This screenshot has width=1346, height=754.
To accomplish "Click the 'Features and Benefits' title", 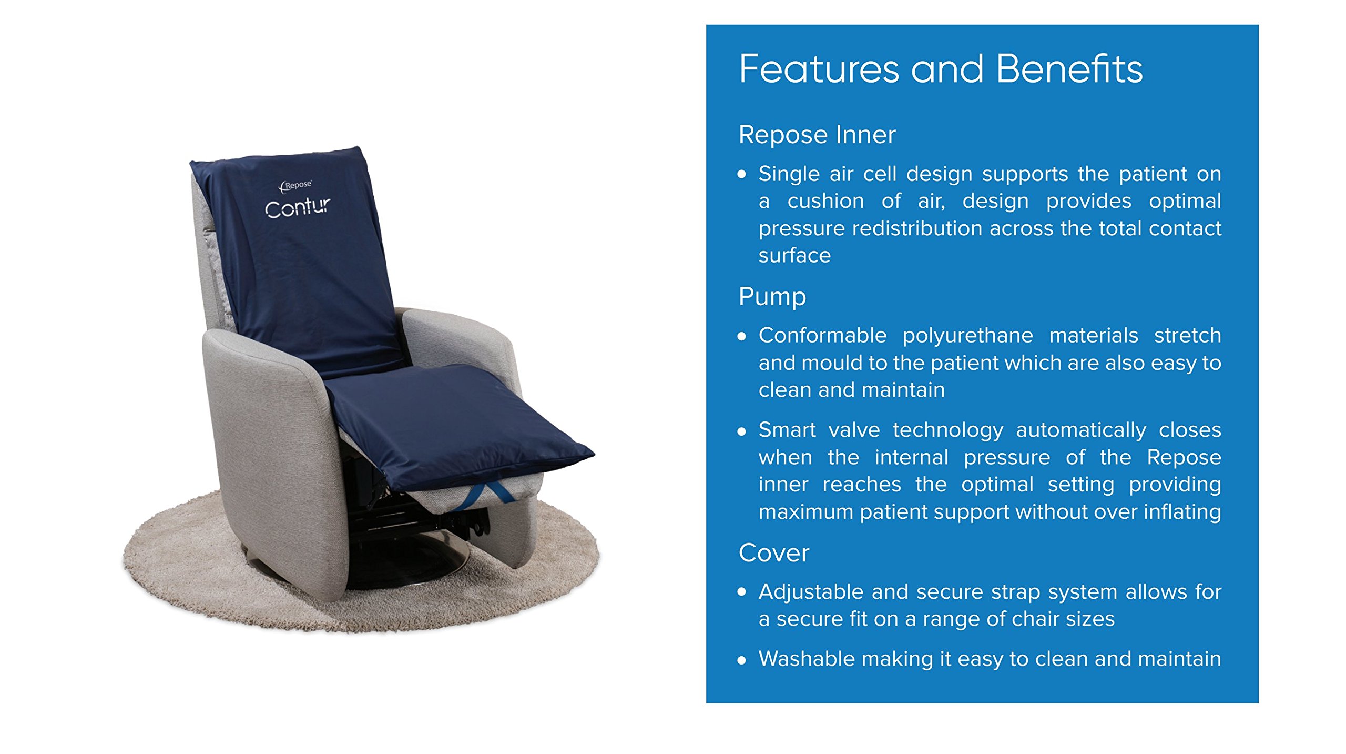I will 940,69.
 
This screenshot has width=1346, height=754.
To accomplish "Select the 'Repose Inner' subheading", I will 817,135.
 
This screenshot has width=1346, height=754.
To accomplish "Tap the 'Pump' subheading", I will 772,297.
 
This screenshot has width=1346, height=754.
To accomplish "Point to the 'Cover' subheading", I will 773,553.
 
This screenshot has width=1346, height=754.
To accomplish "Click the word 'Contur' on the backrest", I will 298,207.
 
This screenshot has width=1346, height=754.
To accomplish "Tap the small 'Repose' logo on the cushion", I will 296,185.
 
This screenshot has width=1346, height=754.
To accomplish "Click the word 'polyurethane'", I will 967,336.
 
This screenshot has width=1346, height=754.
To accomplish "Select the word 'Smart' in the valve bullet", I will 787,430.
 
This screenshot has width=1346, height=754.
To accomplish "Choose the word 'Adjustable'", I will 811,592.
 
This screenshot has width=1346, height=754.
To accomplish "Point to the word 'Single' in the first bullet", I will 789,174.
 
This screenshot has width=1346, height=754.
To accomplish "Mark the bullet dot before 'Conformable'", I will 741,337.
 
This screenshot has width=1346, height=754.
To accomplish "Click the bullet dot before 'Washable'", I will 741,660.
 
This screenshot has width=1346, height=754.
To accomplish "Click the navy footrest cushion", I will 452,421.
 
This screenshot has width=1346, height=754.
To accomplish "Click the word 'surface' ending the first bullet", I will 794,256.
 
